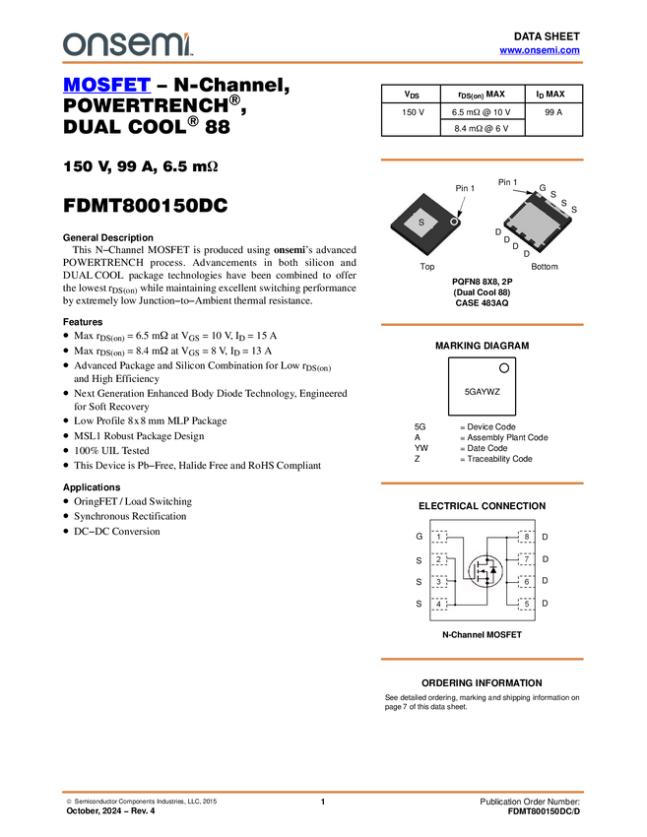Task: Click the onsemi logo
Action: pos(127,44)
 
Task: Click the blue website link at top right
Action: pos(540,49)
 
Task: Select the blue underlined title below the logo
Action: pos(106,87)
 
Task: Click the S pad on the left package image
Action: pos(421,224)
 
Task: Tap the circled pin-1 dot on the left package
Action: pos(454,223)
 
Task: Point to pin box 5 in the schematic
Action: pos(527,604)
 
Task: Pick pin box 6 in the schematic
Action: pos(527,582)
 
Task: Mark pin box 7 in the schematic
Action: pos(527,559)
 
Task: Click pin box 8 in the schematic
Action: pos(527,537)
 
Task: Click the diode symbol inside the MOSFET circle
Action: pos(492,570)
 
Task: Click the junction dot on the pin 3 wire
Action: pos(456,582)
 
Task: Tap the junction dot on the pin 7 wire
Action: pos(506,559)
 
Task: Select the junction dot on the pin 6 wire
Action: pos(506,582)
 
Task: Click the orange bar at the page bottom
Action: pos(323,791)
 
